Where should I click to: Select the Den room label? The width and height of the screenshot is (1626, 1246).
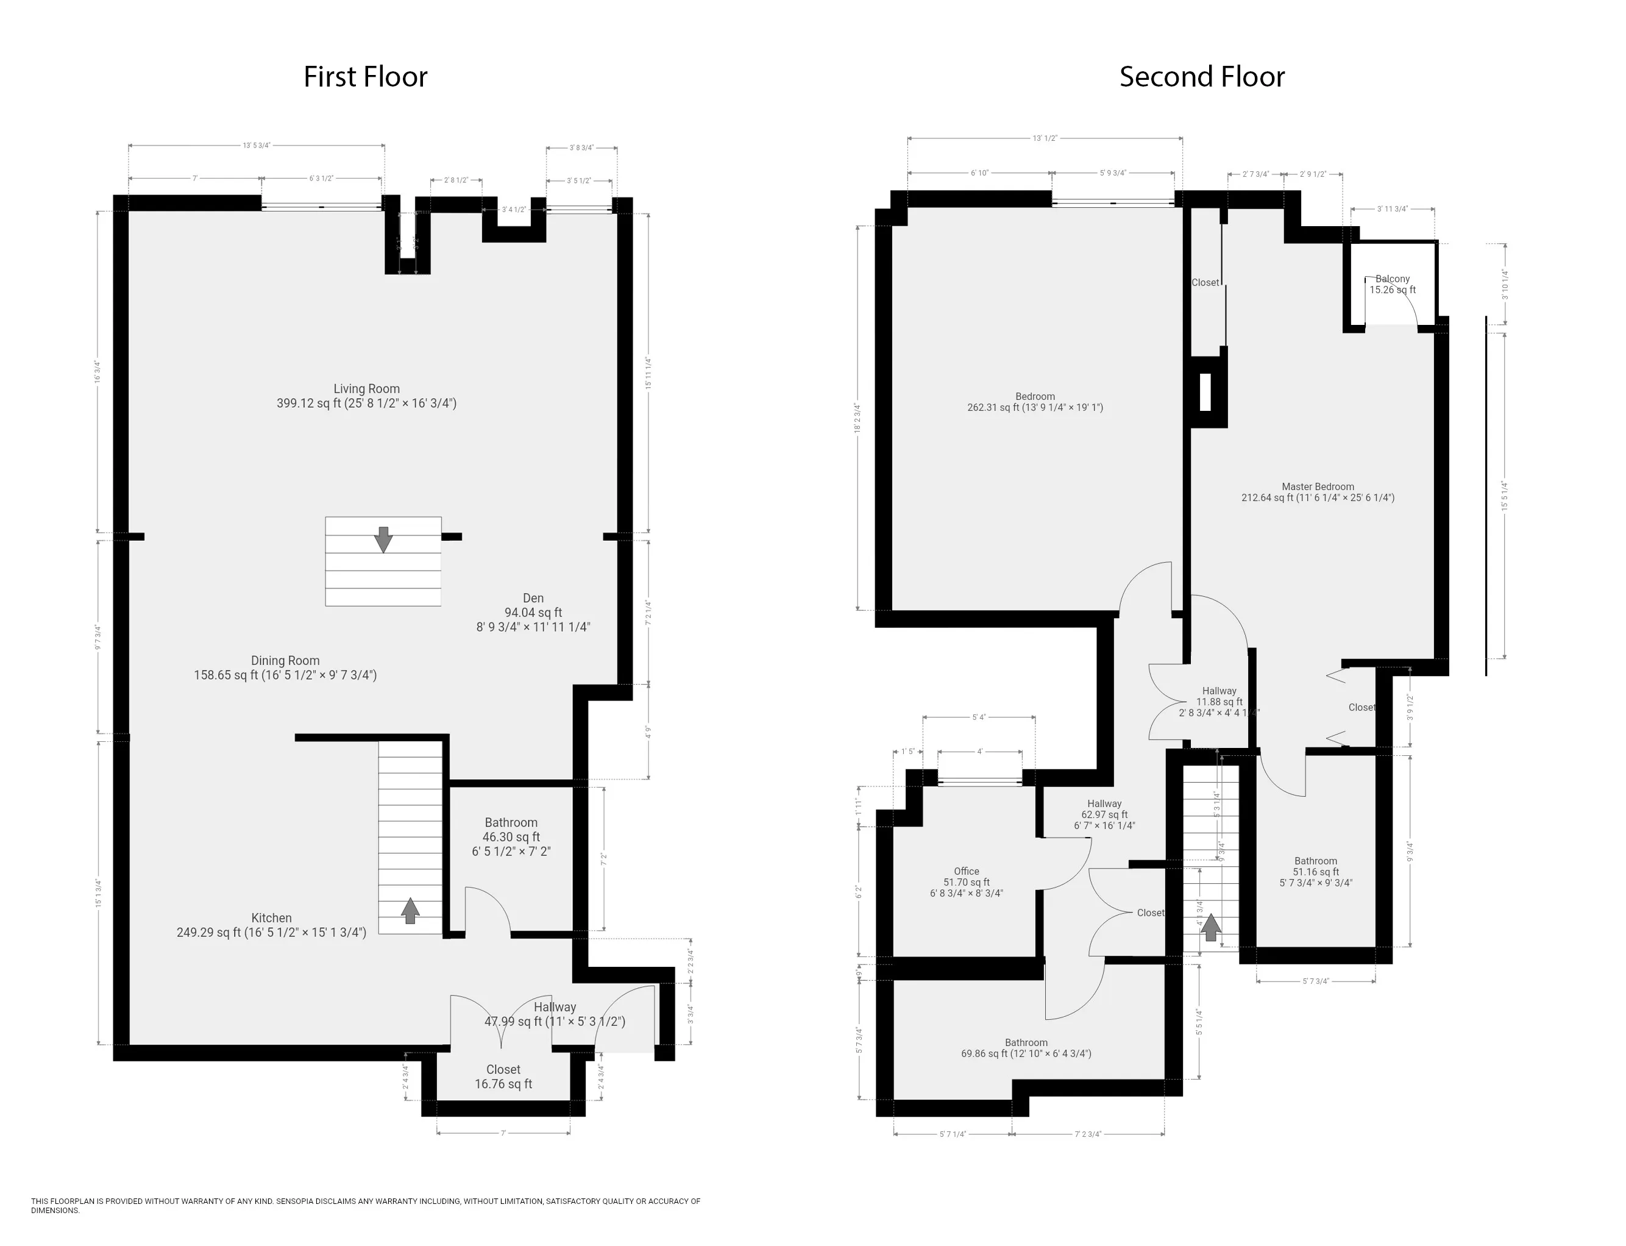pos(533,612)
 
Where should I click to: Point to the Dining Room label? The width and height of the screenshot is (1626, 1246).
pos(285,667)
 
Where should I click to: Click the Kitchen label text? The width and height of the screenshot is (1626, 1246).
pos(271,925)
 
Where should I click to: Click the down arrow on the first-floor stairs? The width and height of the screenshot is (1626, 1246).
pos(383,539)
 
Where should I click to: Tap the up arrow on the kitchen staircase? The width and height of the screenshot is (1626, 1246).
pos(410,911)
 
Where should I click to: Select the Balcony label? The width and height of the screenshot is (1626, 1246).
pos(1393,284)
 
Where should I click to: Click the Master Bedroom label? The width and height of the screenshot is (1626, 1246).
pos(1318,493)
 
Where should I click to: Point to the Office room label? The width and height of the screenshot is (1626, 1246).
pos(966,882)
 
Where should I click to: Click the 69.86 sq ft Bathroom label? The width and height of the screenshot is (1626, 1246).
pos(1026,1048)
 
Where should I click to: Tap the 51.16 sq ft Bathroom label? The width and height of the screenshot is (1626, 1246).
pos(1315,872)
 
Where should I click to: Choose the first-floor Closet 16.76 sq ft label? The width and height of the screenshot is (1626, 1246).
pos(503,1076)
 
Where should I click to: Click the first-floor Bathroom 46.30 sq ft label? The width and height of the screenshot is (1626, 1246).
pos(511,836)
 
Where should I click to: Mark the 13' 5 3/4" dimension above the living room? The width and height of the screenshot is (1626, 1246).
pos(257,145)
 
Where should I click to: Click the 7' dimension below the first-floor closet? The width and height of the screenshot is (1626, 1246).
pos(503,1133)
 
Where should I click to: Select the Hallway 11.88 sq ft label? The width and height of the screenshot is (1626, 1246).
pos(1219,702)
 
